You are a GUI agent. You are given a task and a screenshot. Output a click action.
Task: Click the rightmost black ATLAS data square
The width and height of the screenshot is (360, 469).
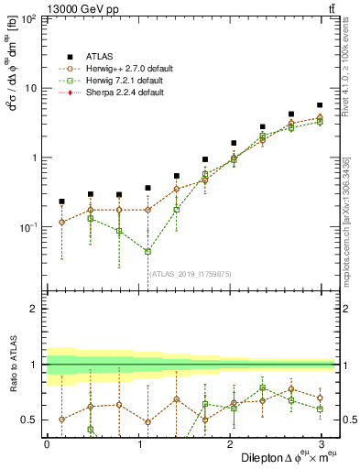(x=319, y=105)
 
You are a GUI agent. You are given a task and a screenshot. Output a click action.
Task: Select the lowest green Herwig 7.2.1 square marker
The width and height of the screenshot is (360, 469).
(x=147, y=251)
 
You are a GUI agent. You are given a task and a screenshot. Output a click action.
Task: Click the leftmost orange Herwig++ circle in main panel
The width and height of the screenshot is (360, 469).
(x=61, y=222)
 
